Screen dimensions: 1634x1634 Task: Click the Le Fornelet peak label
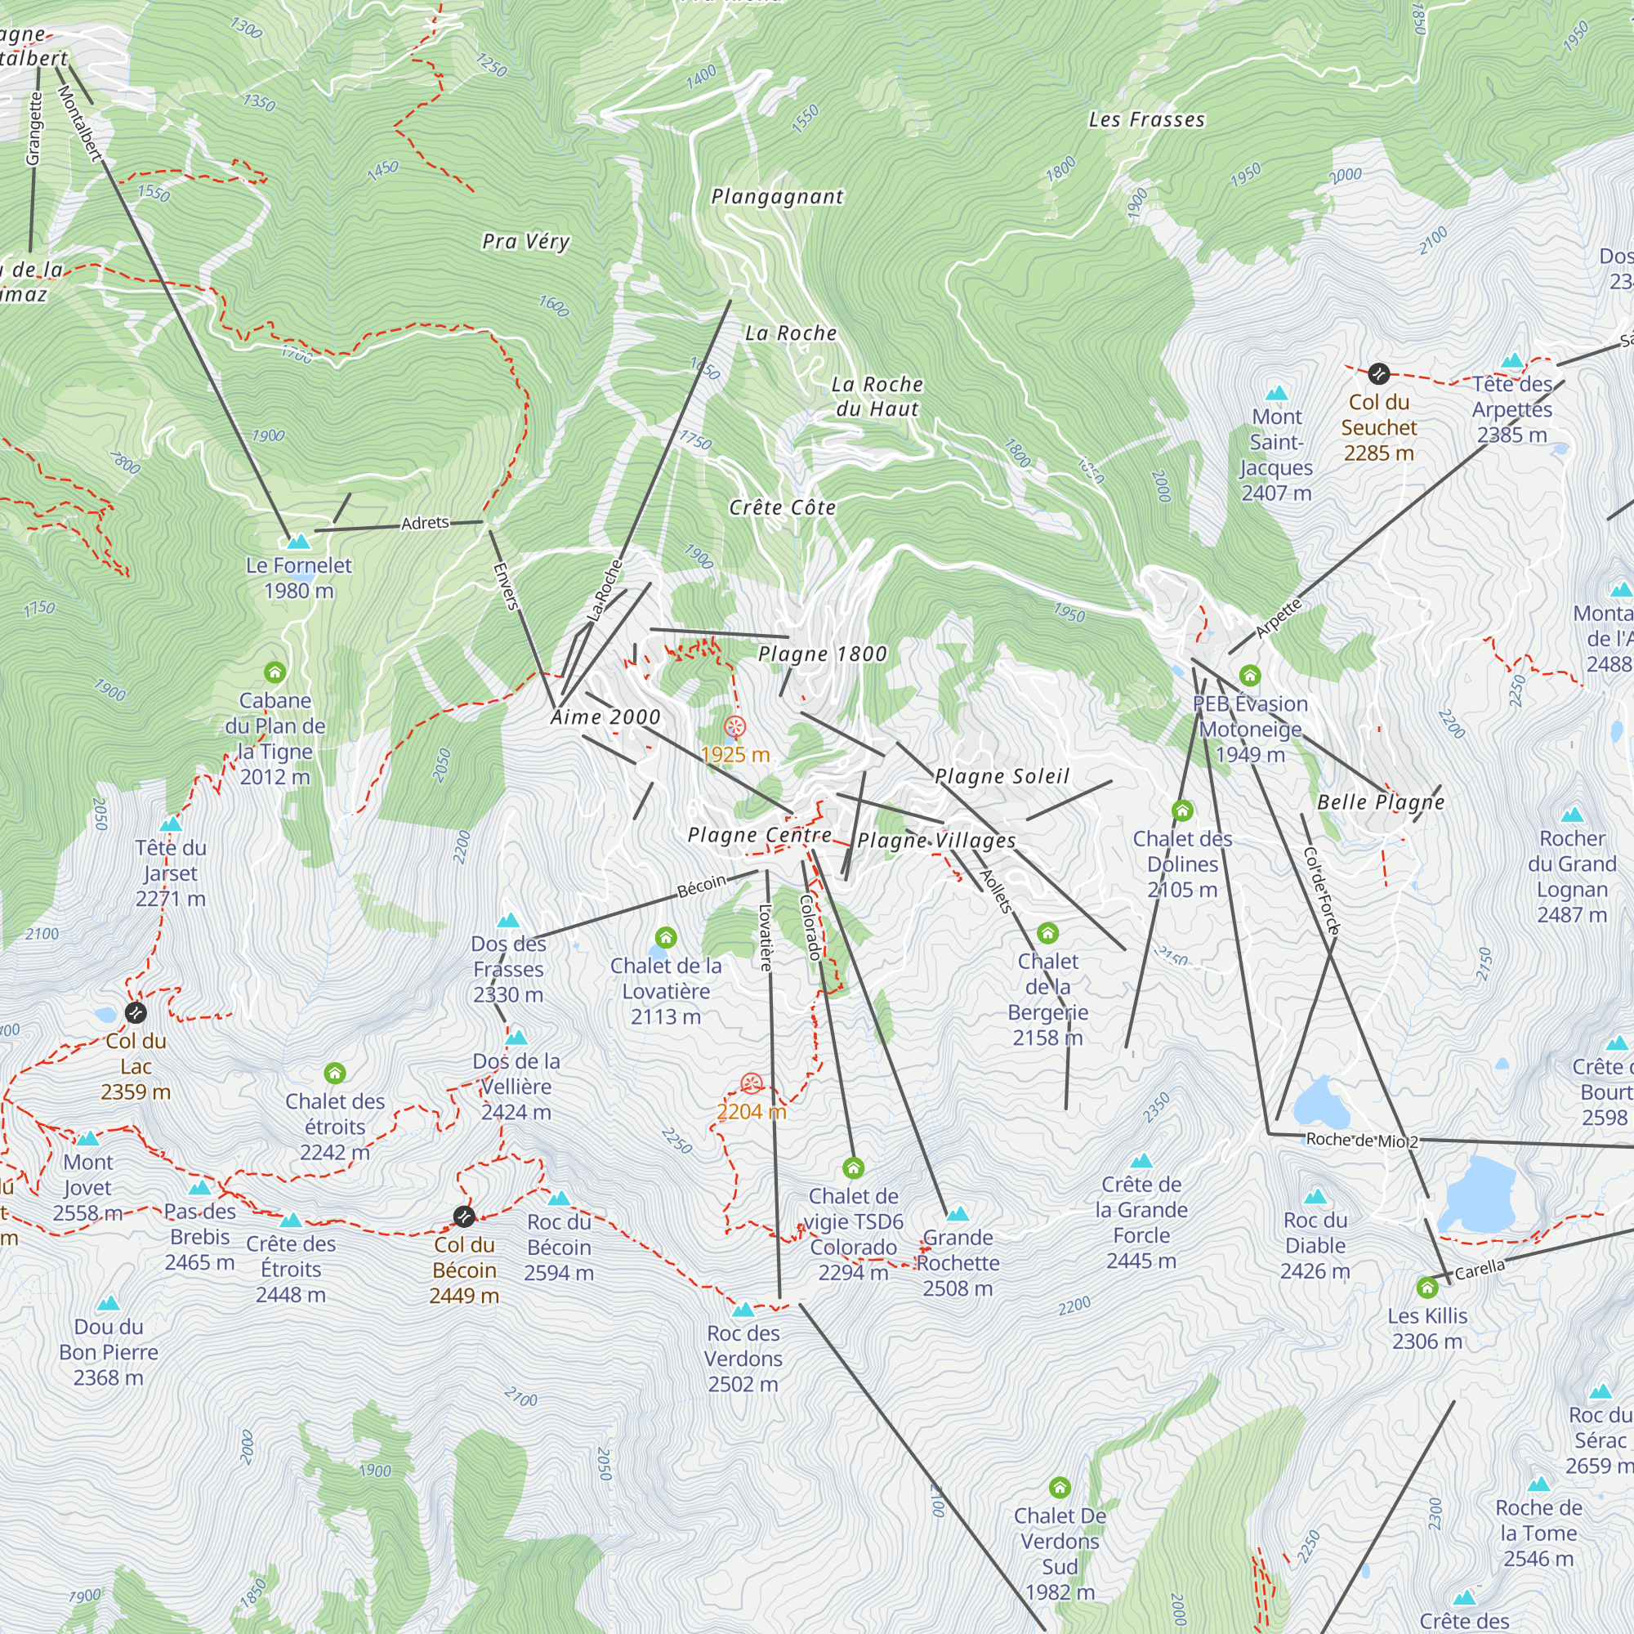(298, 578)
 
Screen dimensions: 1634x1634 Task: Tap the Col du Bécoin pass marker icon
(463, 1217)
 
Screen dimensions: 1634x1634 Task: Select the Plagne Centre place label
(759, 835)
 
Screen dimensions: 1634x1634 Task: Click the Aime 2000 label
(605, 717)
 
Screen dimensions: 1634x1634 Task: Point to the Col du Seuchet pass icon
(1378, 373)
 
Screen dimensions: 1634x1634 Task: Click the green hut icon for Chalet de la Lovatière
(666, 937)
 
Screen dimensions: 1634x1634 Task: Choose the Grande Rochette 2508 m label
(958, 1263)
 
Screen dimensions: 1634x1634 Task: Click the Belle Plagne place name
(1380, 801)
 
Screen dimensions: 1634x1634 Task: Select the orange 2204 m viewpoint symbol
(751, 1083)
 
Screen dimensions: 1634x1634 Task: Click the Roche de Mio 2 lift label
(1362, 1140)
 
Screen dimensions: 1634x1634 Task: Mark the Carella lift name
(1480, 1269)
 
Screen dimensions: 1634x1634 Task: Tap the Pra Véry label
(525, 242)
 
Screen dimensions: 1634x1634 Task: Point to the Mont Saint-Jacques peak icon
(1276, 393)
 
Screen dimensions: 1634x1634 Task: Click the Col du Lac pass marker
(136, 1012)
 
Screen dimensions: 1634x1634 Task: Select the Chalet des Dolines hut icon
(1182, 811)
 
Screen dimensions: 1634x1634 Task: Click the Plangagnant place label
(776, 197)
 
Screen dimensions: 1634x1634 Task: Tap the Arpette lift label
(1278, 618)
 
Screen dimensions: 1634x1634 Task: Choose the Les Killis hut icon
(1426, 1288)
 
